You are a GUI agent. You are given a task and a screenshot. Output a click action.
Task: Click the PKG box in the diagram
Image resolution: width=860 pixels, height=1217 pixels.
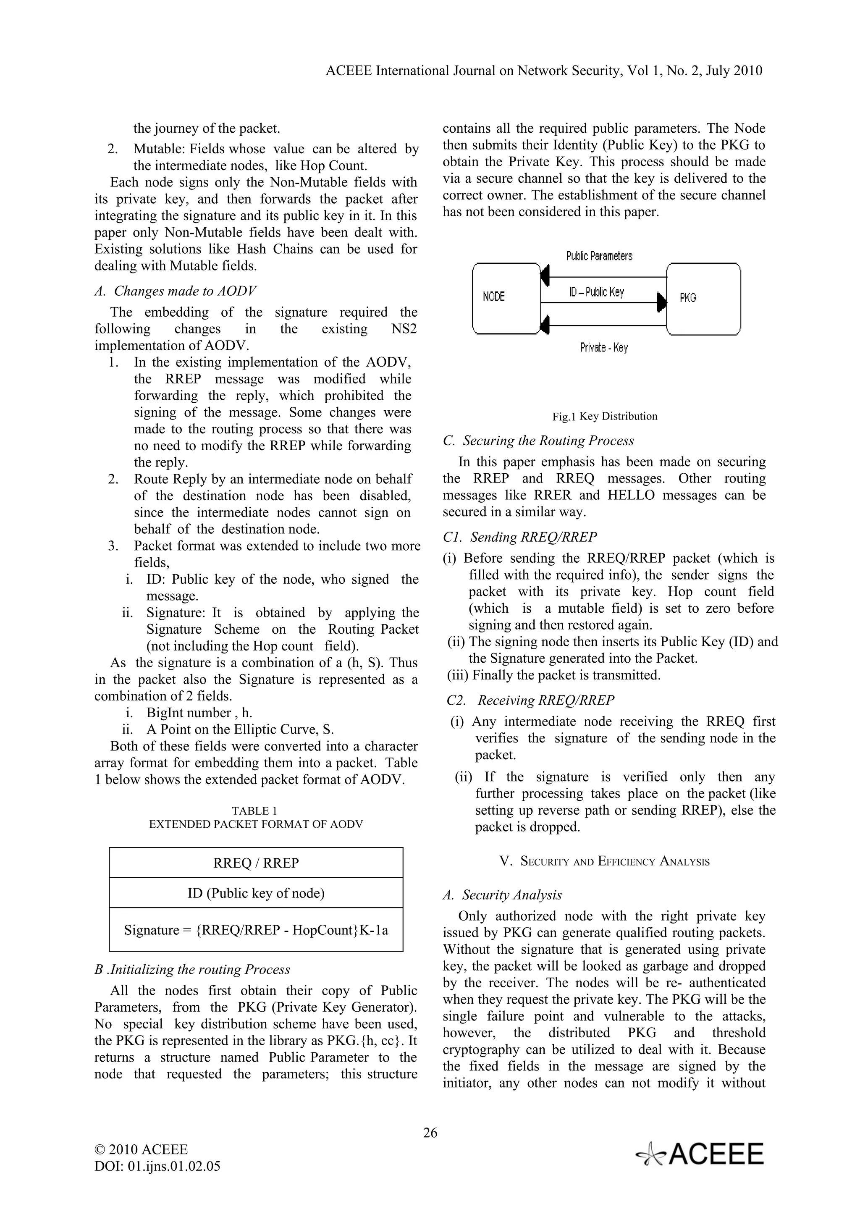click(703, 299)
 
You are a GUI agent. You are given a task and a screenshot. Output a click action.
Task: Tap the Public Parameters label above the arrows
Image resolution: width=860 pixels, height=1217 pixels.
click(599, 257)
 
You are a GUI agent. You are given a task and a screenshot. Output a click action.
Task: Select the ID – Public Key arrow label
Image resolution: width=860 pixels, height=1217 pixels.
click(597, 292)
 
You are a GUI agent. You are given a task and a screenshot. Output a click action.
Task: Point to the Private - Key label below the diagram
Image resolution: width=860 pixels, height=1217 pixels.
click(603, 348)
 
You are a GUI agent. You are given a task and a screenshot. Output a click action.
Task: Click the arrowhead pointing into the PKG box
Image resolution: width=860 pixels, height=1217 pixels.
click(661, 302)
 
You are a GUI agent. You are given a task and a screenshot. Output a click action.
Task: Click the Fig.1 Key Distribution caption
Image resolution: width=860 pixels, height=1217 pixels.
click(605, 416)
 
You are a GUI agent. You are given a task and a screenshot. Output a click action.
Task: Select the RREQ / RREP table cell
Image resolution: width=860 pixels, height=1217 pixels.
click(256, 863)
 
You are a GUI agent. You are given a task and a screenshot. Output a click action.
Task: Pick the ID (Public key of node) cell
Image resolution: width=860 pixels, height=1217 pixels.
click(256, 893)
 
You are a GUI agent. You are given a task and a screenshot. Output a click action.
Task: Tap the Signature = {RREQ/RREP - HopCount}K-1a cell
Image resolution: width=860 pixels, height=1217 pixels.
click(256, 930)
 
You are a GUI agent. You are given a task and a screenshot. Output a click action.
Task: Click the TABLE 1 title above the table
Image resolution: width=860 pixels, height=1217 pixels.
click(254, 810)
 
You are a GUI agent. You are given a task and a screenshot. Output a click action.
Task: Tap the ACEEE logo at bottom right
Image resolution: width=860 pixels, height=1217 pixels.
click(700, 1154)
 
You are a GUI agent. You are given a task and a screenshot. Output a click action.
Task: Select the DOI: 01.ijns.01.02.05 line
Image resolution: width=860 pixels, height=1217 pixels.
click(157, 1166)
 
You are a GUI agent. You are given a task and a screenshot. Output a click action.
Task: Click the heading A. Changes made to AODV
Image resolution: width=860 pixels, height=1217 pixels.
click(176, 291)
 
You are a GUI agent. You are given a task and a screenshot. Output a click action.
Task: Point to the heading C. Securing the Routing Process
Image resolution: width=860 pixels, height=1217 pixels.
click(538, 441)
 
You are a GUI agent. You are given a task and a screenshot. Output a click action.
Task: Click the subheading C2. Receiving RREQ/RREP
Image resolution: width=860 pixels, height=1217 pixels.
click(530, 700)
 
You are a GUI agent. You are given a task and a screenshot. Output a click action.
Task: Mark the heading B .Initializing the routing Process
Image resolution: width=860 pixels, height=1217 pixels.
click(192, 970)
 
